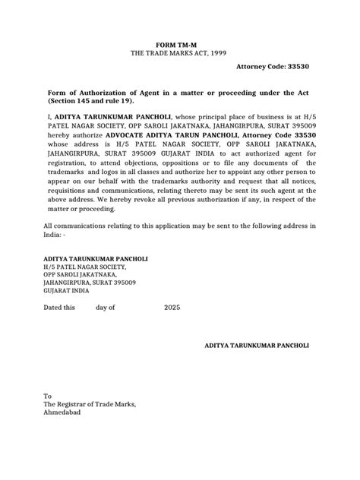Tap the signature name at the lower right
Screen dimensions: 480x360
[257, 345]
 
